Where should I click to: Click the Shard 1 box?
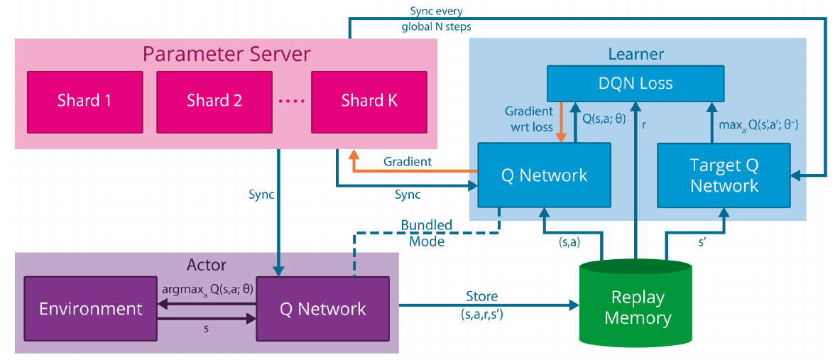[84, 100]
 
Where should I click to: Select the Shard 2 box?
[214, 100]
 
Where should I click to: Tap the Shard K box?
[369, 100]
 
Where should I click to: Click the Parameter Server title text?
[227, 54]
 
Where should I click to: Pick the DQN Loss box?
[636, 83]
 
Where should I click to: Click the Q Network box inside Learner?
[545, 175]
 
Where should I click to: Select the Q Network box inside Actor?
[323, 309]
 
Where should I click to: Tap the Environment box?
[91, 309]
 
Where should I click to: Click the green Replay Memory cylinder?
[636, 305]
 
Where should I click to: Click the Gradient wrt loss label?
[528, 119]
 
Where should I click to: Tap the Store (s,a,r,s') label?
[481, 302]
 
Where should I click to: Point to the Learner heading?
[636, 54]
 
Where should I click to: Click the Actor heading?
[206, 265]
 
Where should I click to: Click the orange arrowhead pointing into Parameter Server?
[352, 155]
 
